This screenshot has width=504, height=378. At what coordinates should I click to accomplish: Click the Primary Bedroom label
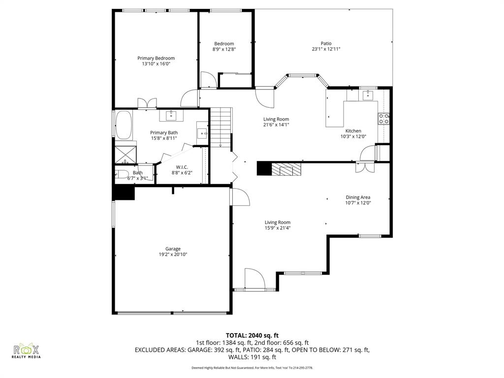[x=156, y=58]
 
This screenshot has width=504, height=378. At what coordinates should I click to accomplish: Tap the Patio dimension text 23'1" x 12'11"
[x=326, y=49]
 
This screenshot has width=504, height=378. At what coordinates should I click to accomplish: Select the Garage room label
[x=173, y=249]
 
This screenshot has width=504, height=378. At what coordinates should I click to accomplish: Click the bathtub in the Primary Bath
[x=123, y=125]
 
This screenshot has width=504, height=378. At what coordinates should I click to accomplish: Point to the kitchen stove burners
[x=384, y=119]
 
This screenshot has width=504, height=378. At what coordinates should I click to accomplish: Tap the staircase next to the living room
[x=220, y=127]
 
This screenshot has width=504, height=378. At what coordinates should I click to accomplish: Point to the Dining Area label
[x=358, y=197]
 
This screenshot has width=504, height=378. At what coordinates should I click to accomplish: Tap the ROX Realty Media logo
[x=26, y=351]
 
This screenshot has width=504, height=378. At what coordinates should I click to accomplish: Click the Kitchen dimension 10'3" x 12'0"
[x=353, y=137]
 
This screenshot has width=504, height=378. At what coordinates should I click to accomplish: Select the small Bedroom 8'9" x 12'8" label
[x=224, y=46]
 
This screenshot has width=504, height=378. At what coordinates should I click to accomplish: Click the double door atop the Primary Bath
[x=147, y=103]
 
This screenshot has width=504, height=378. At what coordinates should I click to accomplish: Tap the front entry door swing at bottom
[x=254, y=279]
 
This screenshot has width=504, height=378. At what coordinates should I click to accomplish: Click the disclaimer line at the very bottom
[x=252, y=368]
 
